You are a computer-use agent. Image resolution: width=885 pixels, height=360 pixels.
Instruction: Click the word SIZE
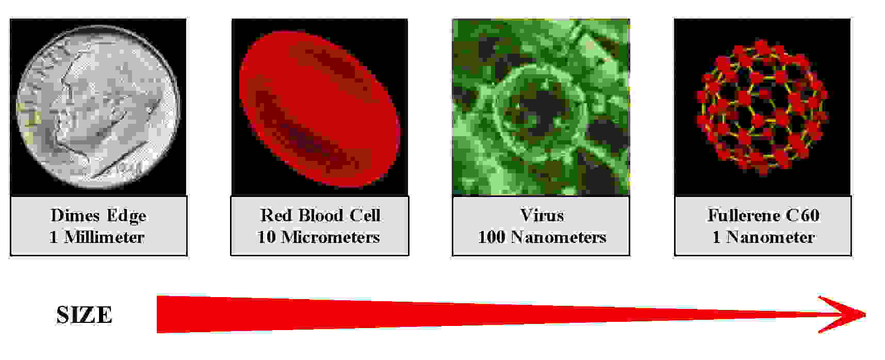click(x=84, y=315)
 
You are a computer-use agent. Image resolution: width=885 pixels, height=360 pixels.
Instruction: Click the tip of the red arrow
click(x=865, y=315)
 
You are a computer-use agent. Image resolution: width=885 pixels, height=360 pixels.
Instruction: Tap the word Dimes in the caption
click(x=75, y=215)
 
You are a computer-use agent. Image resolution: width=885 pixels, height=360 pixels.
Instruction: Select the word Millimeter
click(x=104, y=237)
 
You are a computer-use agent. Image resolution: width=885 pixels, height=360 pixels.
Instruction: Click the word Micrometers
click(x=331, y=237)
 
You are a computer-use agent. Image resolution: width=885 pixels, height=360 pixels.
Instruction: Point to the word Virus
click(x=542, y=215)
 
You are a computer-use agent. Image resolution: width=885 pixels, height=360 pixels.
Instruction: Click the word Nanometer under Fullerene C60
click(x=771, y=237)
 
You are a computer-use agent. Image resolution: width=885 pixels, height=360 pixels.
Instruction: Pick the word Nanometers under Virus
click(x=559, y=237)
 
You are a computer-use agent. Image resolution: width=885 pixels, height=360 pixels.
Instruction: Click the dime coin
click(x=99, y=107)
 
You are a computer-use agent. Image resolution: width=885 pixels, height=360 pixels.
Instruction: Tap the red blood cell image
click(x=320, y=107)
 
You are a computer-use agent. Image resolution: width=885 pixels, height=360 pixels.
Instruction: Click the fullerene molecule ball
click(x=762, y=107)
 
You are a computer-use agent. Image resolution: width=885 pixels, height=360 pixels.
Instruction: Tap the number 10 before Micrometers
click(x=267, y=237)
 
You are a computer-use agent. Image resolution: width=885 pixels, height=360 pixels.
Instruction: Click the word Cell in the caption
click(x=365, y=215)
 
